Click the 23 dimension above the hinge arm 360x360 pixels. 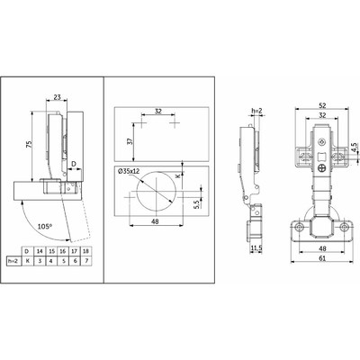pos(57,97)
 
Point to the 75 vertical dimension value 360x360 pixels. pos(29,145)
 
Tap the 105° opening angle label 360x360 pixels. pos(45,226)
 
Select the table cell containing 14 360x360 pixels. pos(40,251)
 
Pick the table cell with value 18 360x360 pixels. pos(86,251)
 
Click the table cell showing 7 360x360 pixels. pos(86,261)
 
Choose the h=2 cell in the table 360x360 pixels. pos(13,261)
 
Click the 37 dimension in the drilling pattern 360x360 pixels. pos(130,141)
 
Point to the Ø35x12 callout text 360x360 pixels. pos(129,171)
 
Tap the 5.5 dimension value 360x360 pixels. pos(197,205)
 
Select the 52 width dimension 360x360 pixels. pos(322,105)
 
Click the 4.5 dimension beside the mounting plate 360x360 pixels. pos(354,148)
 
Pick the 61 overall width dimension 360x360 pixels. pos(322,258)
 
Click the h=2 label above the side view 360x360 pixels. pos(257,112)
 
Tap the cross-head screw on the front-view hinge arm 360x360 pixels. pos(322,168)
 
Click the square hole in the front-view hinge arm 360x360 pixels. pos(321,157)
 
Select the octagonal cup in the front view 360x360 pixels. pos(322,226)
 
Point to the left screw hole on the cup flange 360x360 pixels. pos(299,228)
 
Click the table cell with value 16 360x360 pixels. pos(63,251)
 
